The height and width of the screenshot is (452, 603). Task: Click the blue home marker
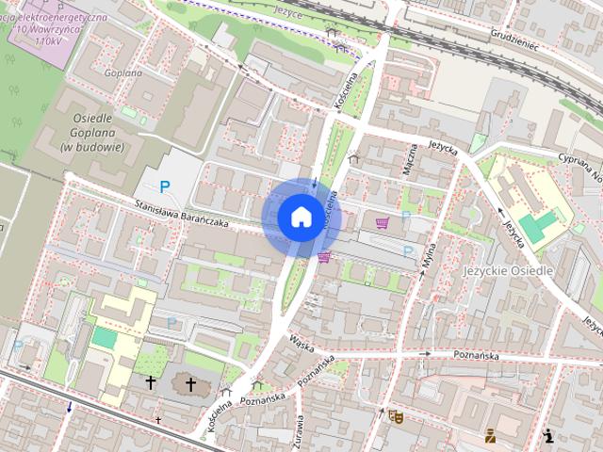[301, 217]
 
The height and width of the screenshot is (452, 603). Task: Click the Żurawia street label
[299, 428]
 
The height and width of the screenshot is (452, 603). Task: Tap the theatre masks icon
[395, 414]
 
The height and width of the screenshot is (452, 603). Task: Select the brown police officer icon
[489, 435]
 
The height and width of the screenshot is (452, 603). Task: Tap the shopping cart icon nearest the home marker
[324, 257]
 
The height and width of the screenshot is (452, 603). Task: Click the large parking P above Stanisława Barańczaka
[165, 187]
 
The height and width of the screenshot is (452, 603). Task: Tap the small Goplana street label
[123, 73]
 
